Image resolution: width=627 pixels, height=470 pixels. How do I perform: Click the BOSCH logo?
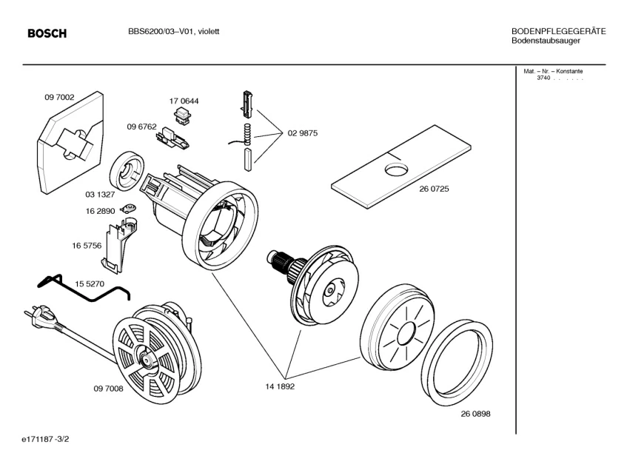click(47, 33)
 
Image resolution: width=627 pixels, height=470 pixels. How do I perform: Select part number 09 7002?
click(59, 96)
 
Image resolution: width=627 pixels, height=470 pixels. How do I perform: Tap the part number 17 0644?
click(184, 101)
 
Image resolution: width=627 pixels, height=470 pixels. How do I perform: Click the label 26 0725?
click(435, 189)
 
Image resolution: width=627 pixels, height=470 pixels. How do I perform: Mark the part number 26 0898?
click(475, 414)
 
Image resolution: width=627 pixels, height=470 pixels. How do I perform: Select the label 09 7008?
click(108, 388)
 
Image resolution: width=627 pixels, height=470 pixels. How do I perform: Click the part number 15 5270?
click(90, 283)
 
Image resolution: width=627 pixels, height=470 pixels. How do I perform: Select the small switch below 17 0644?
click(181, 114)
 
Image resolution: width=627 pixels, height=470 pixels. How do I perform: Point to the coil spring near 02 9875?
click(248, 135)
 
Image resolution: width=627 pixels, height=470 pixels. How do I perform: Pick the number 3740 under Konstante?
click(543, 78)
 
